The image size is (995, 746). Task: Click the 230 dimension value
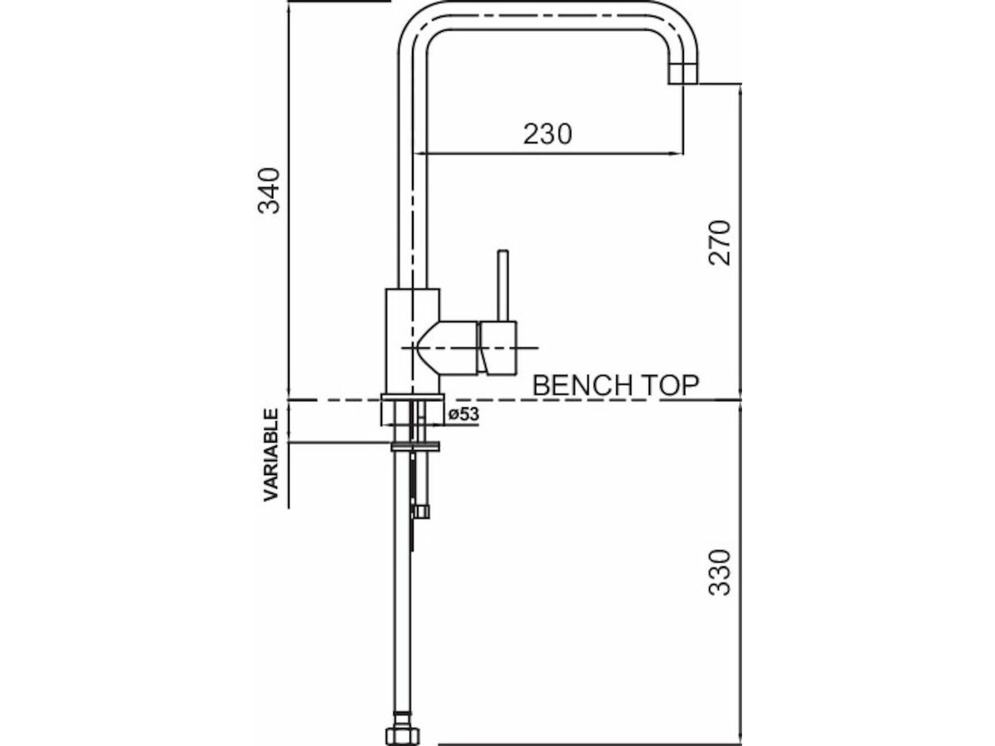547,133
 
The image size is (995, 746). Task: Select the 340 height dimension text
269,191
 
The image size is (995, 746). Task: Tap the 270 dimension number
720,242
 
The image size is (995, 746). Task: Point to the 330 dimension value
720,572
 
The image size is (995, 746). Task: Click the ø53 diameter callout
464,415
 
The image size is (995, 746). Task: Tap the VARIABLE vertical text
271,455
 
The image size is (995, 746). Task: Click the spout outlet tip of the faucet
683,74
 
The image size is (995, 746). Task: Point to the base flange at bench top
412,411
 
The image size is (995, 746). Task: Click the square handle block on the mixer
498,348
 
